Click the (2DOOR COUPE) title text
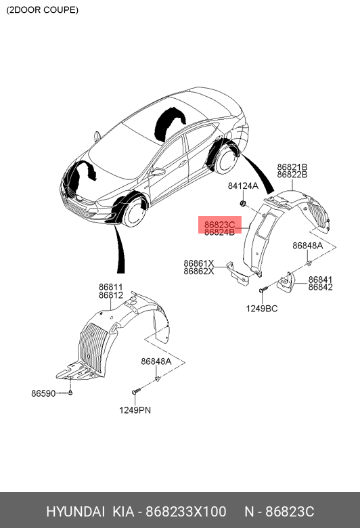click(x=42, y=9)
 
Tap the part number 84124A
click(x=243, y=185)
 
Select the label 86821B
click(x=292, y=167)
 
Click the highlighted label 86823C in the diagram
click(x=219, y=224)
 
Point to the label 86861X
click(x=199, y=263)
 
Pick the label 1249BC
click(x=262, y=309)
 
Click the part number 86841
click(x=320, y=280)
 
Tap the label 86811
click(x=111, y=287)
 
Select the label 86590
click(x=43, y=393)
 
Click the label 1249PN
click(x=135, y=410)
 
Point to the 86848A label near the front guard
click(x=156, y=361)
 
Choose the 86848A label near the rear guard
click(x=307, y=246)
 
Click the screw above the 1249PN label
click(x=136, y=391)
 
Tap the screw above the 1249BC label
click(x=263, y=289)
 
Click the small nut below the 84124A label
click(x=242, y=203)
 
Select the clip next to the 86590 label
click(x=70, y=393)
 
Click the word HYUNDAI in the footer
click(x=75, y=512)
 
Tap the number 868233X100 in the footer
click(x=186, y=512)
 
